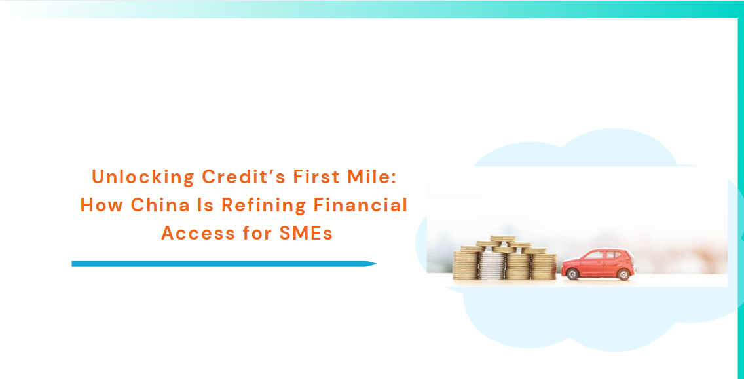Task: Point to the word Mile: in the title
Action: coord(370,177)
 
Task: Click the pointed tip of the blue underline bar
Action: coord(377,264)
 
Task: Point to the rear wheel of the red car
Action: coord(623,274)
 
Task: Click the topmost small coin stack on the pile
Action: coord(503,239)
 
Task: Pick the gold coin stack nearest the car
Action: coord(544,266)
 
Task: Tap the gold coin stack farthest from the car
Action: coord(466,265)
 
